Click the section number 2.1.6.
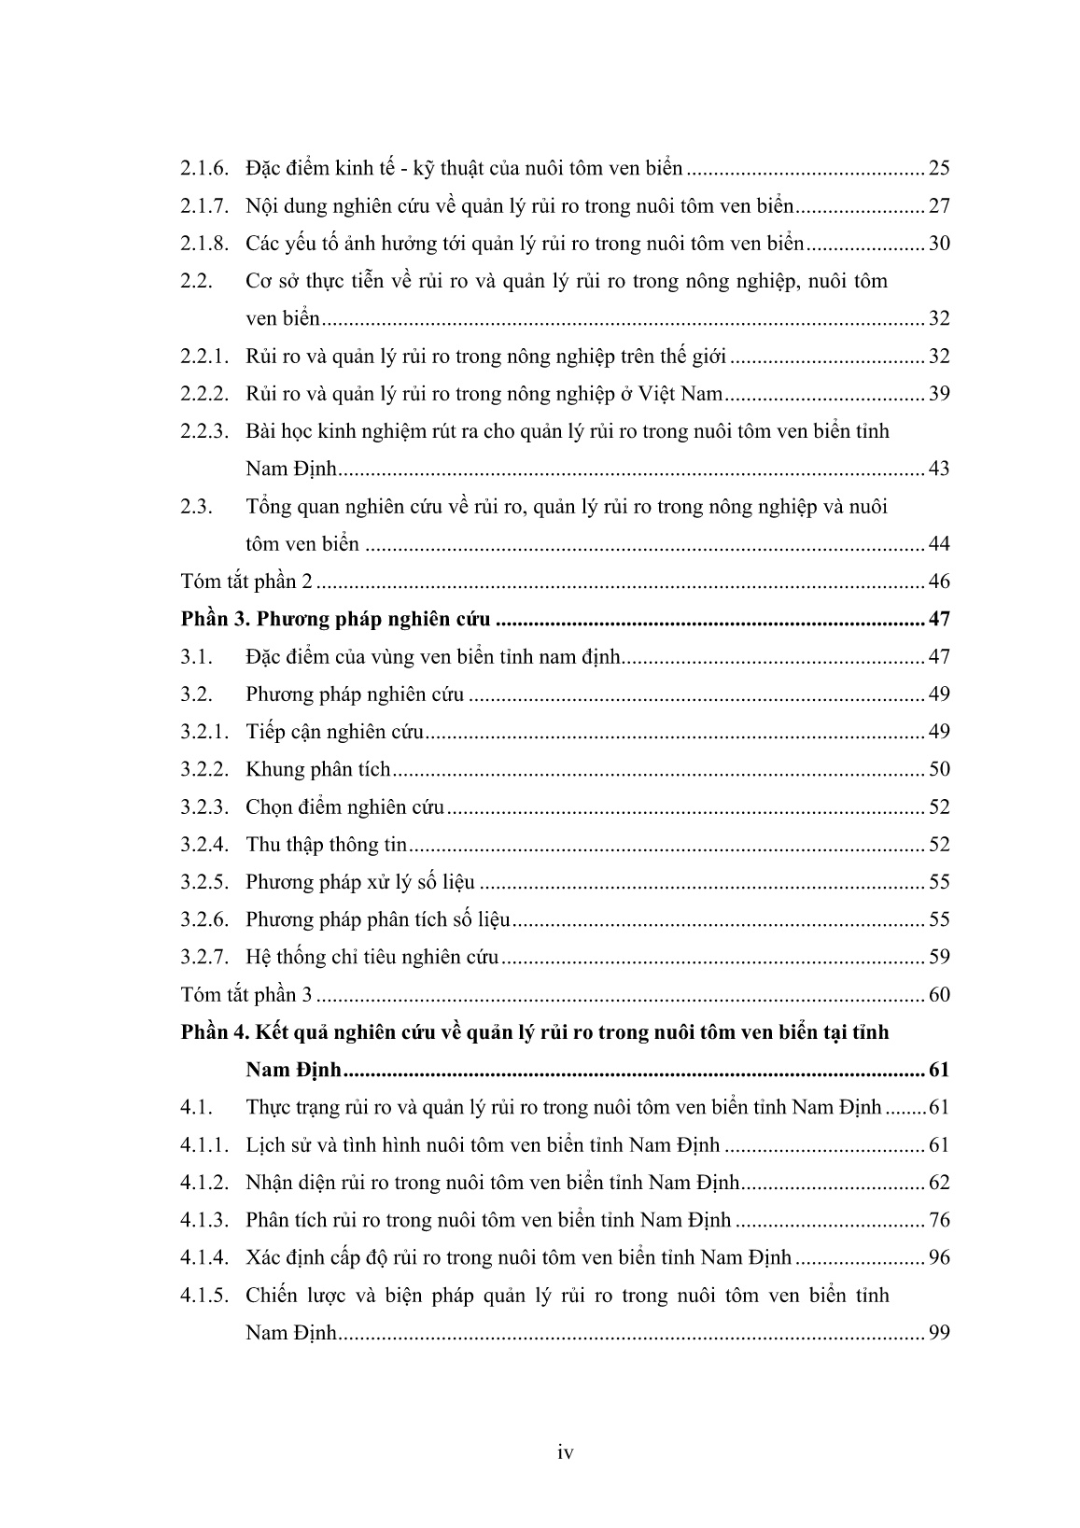pos(204,169)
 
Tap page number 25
pos(938,169)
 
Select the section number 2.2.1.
pos(204,357)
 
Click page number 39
pos(938,394)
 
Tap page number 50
pos(938,769)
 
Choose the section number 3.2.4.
pos(204,845)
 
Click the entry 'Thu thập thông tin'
pos(327,845)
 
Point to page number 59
pos(938,957)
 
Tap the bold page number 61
pos(938,1070)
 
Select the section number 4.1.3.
pos(204,1220)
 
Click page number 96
pos(938,1257)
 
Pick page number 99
pos(938,1332)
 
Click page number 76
pos(938,1220)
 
